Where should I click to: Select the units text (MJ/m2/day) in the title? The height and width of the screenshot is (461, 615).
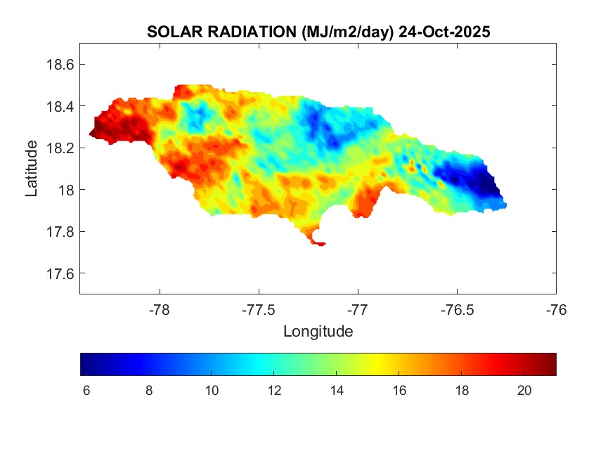point(344,32)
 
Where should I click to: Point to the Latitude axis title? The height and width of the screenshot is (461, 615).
point(32,168)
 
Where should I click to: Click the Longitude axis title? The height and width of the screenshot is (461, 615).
point(318,331)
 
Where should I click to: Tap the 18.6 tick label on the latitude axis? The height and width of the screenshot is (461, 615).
point(60,65)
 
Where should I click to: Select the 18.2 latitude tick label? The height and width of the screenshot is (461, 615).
point(60,148)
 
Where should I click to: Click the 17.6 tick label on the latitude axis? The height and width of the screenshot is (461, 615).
point(60,273)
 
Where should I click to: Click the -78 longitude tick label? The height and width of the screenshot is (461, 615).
point(160,309)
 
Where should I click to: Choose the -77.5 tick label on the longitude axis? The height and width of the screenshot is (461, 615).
point(259,309)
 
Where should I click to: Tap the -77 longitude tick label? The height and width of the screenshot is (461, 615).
point(358,309)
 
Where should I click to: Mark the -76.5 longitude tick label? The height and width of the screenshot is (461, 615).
point(458,309)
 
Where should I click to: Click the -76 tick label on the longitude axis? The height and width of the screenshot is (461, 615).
point(557,309)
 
